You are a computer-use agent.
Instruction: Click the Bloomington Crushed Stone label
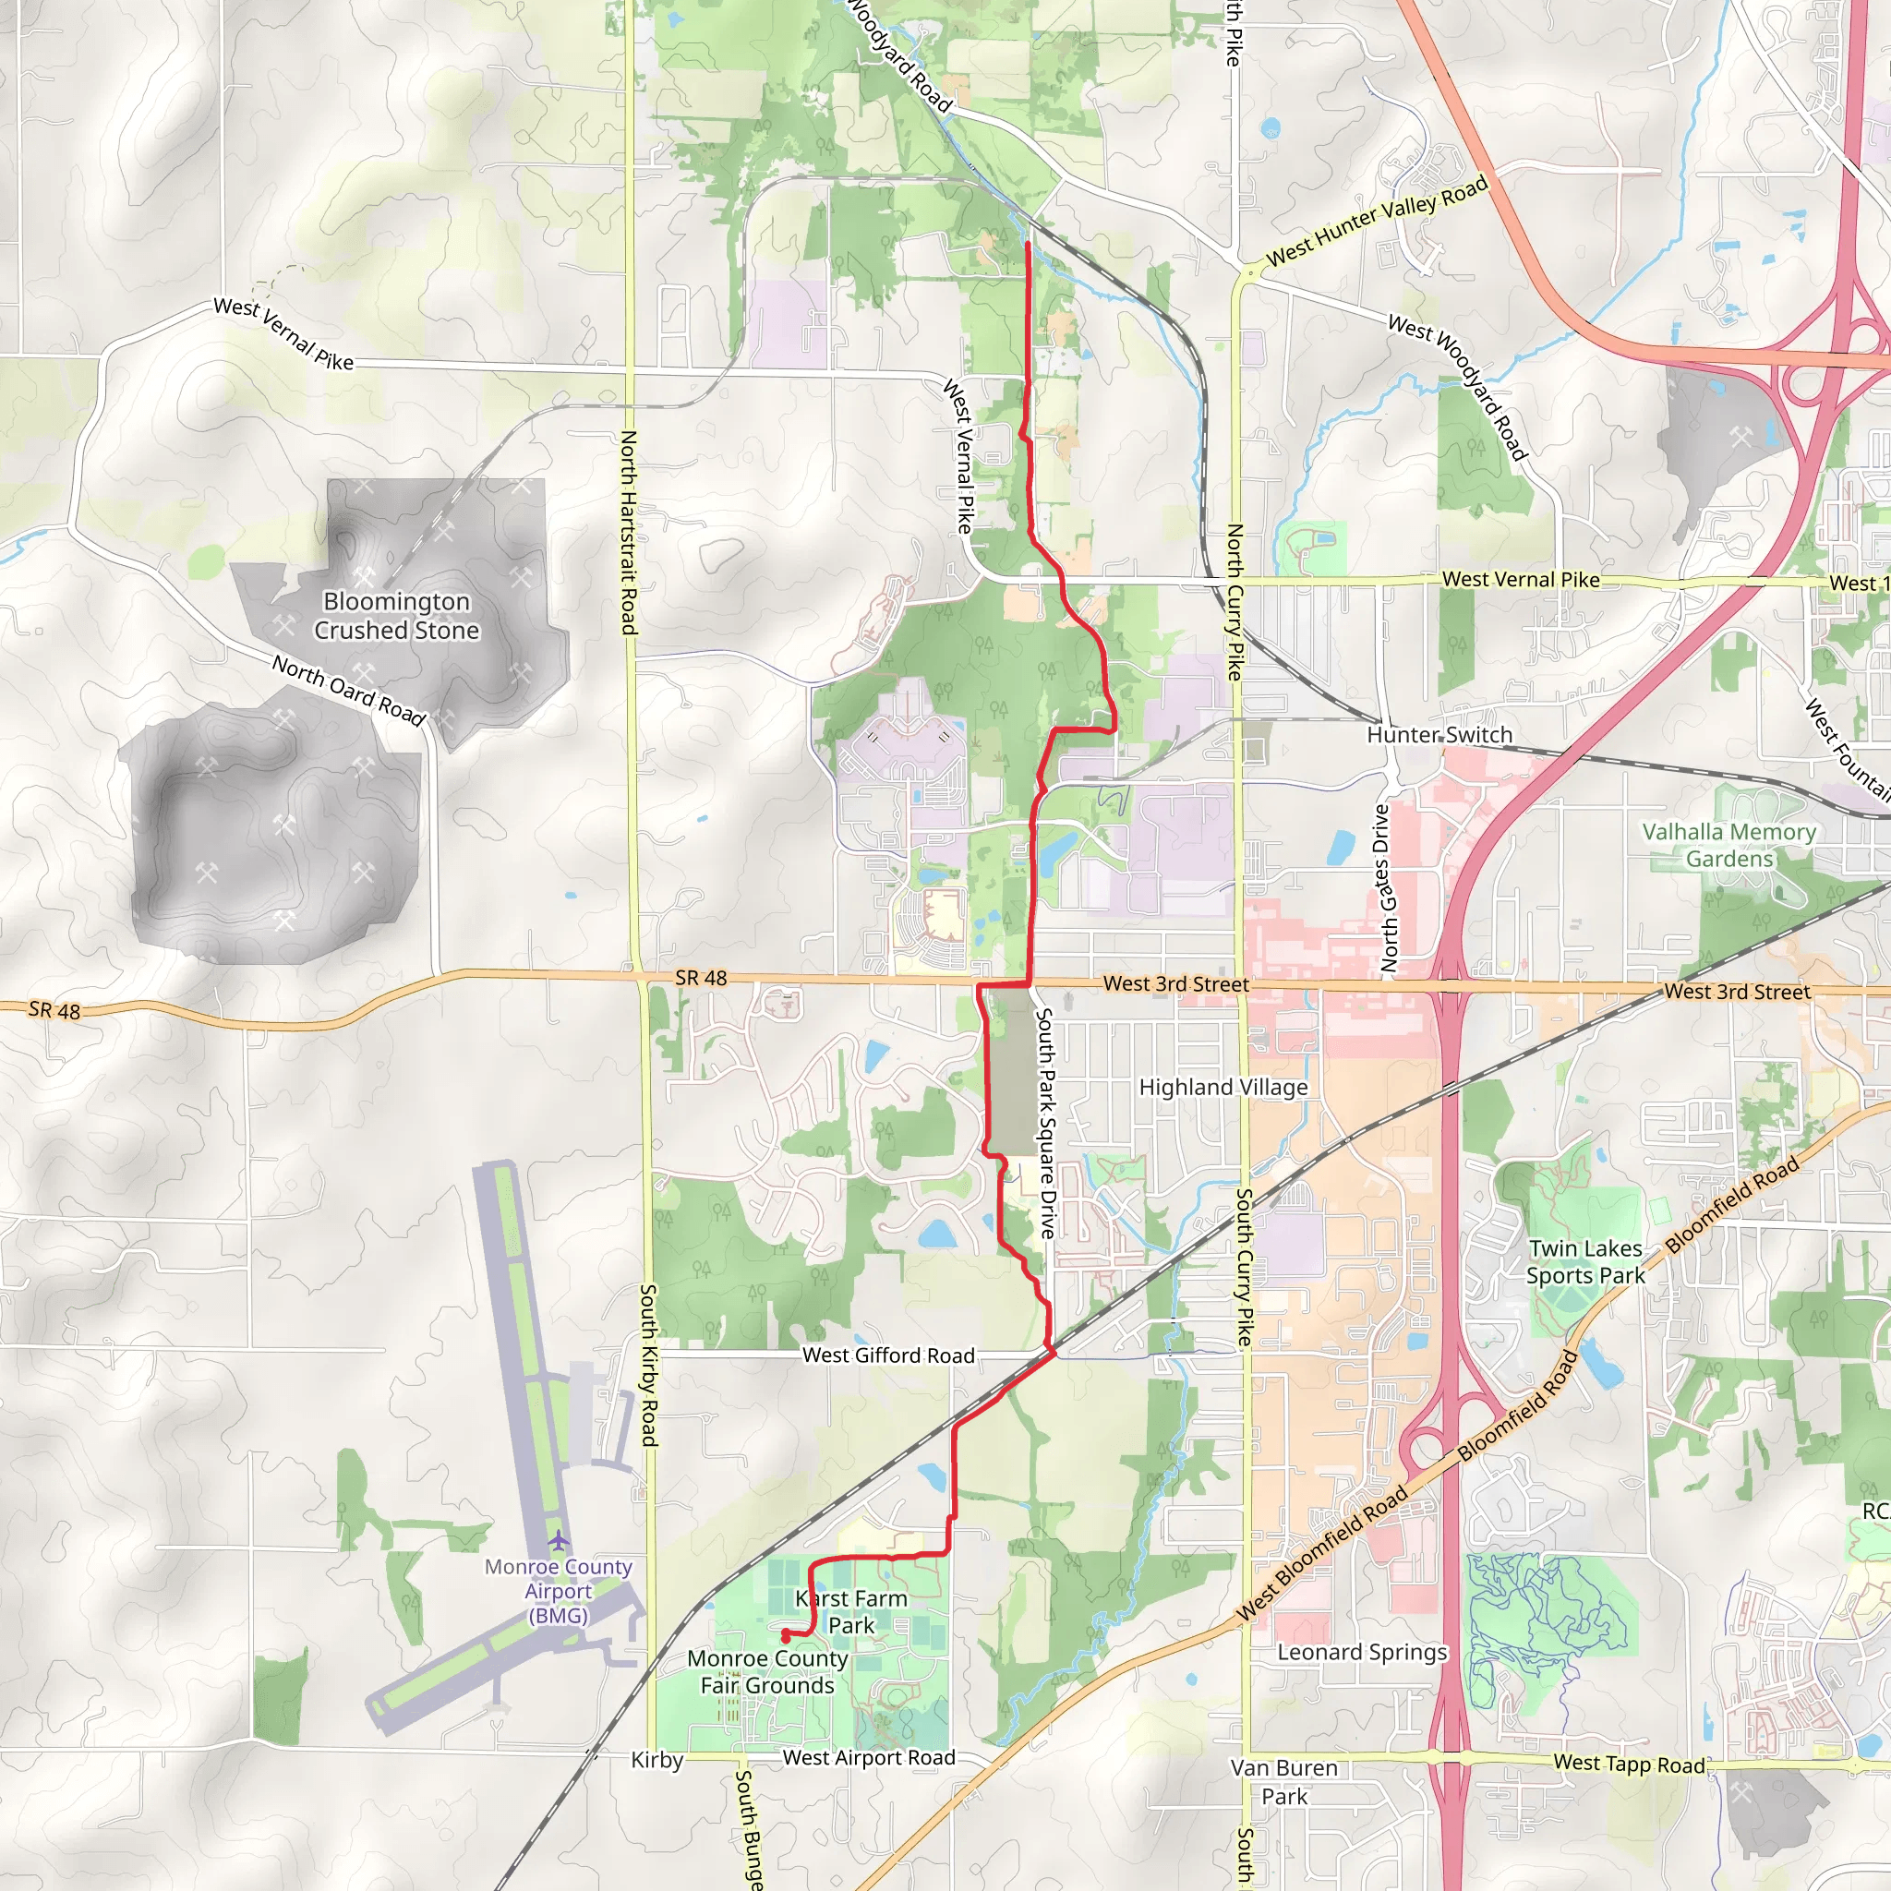[396, 616]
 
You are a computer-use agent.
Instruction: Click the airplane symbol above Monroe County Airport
[558, 1541]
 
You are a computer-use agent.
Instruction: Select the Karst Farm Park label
[851, 1611]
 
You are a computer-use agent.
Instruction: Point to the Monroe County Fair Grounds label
[767, 1672]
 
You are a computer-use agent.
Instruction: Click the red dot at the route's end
[785, 1635]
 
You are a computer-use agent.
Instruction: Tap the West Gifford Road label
[889, 1355]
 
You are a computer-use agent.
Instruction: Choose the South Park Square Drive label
[1046, 1123]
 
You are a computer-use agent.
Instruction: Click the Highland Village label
[1223, 1088]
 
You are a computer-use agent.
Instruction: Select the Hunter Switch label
[1439, 735]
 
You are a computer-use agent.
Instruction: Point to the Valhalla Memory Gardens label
[1728, 845]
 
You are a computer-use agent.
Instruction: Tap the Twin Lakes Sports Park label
[1585, 1261]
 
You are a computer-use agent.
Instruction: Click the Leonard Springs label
[1362, 1652]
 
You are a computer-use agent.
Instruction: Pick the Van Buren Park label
[1283, 1781]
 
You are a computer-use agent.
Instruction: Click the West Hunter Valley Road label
[1376, 221]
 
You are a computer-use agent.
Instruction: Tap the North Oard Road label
[348, 691]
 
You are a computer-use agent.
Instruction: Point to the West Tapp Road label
[1630, 1764]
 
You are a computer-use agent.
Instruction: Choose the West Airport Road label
[868, 1758]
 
